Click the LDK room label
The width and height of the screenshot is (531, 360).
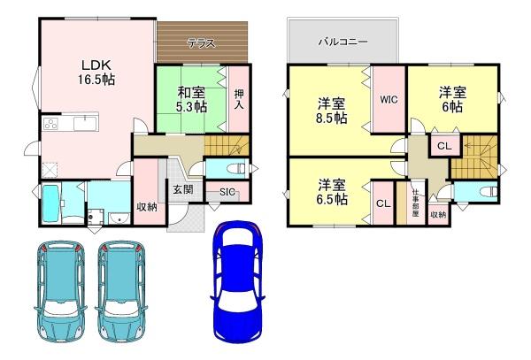click(x=95, y=64)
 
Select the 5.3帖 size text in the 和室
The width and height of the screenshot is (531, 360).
click(x=190, y=107)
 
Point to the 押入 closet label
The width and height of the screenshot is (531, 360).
click(x=239, y=98)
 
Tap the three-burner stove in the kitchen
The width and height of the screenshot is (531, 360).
click(x=50, y=124)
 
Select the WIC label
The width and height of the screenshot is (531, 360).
click(x=389, y=100)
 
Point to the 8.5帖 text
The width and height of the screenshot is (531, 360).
click(x=333, y=118)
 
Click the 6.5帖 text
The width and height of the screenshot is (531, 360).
click(x=333, y=200)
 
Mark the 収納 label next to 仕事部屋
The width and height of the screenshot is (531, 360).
click(x=438, y=214)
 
